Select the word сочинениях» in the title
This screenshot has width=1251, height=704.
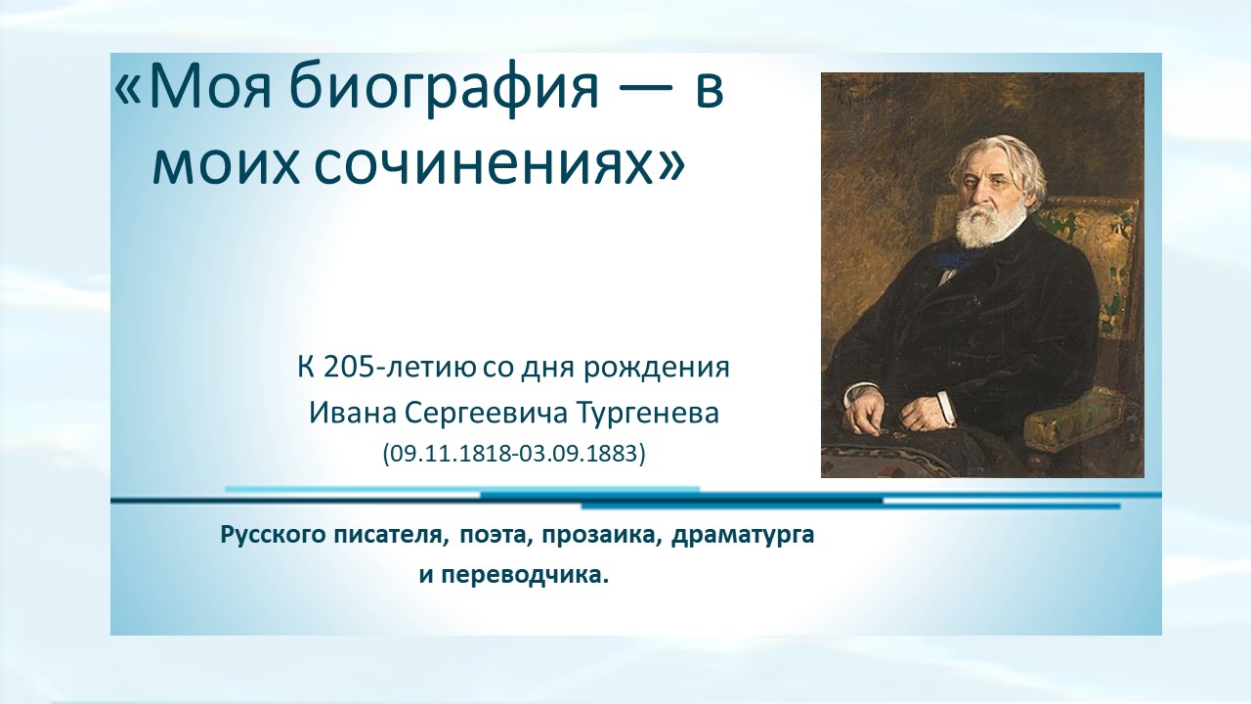click(x=498, y=164)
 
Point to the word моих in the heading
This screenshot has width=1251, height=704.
click(x=226, y=164)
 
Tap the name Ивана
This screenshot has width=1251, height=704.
click(x=353, y=413)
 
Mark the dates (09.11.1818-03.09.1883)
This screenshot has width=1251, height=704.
click(x=514, y=453)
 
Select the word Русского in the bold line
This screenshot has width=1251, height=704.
click(x=273, y=535)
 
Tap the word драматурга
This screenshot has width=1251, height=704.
click(x=743, y=536)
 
